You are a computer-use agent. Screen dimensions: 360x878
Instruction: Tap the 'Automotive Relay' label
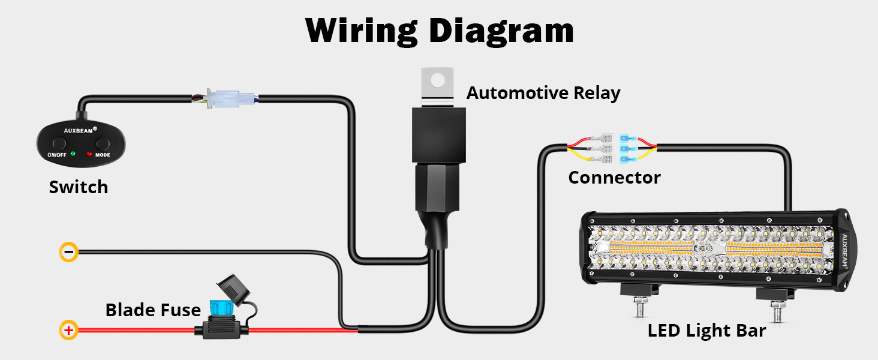click(x=543, y=94)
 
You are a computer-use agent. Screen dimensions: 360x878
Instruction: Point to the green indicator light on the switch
click(x=73, y=154)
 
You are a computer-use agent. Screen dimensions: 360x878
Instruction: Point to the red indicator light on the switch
click(x=89, y=154)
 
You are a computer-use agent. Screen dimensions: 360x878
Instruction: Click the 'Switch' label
click(x=79, y=187)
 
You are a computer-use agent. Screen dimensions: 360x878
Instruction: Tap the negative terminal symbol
click(x=69, y=252)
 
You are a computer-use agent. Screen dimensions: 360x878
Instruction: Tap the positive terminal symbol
click(x=69, y=329)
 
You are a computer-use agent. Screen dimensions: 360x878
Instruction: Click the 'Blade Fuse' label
click(x=153, y=310)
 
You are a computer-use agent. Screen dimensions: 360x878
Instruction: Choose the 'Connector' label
click(x=614, y=178)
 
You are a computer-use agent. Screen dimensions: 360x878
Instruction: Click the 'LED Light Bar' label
click(x=706, y=331)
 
